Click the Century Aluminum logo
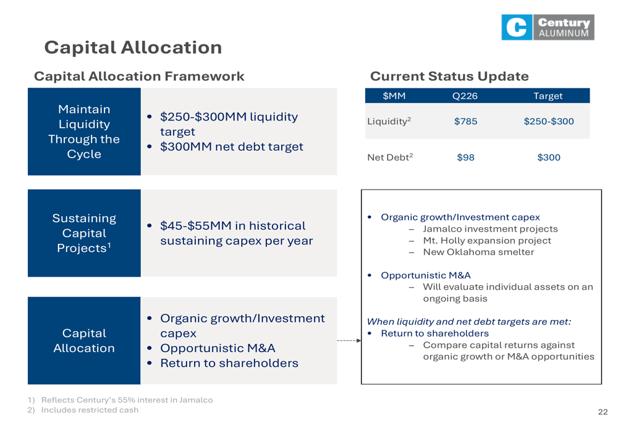[548, 27]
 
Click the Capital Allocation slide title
[133, 48]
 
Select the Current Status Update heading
[449, 76]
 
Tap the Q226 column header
[465, 96]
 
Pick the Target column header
[548, 96]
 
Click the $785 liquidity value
[465, 121]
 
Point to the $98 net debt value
[465, 157]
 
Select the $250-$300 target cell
[549, 121]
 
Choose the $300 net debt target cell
[549, 157]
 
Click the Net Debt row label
[390, 157]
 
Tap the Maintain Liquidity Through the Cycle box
[84, 132]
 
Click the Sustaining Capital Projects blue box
[84, 233]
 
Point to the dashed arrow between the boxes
[349, 341]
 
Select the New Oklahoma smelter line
[478, 252]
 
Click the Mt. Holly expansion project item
[487, 241]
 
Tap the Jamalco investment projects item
[490, 229]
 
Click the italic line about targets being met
[468, 322]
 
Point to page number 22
[603, 412]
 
